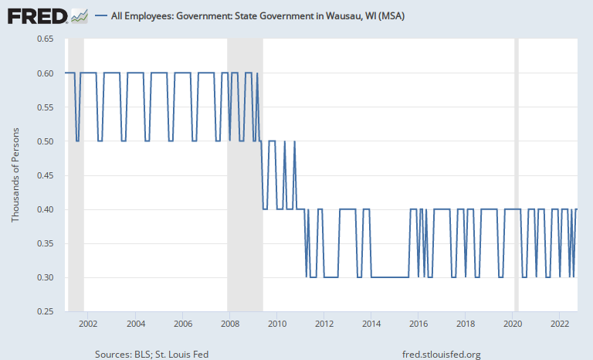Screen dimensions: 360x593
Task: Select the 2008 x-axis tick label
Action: (229, 324)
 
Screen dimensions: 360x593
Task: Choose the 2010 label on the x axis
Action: (276, 324)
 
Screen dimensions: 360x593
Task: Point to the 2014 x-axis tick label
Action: (371, 324)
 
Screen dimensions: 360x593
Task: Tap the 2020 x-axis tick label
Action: (513, 324)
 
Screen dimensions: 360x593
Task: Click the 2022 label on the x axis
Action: (561, 324)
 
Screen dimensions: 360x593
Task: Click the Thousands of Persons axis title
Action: (15, 175)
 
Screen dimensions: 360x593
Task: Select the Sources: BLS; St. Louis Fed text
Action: (151, 354)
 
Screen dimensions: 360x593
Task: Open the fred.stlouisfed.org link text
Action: (442, 354)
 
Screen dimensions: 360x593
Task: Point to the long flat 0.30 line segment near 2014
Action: (390, 277)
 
